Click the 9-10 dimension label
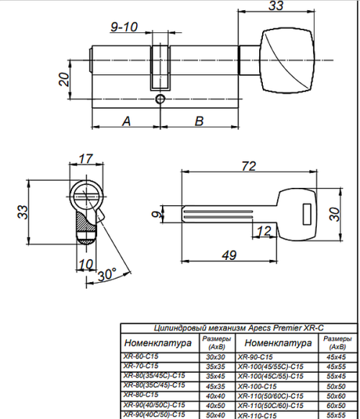pos(124,27)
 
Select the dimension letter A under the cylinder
pos(127,121)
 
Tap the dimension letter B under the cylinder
pos(199,121)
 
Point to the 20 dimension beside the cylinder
pos(64,79)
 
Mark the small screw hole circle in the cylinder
pos(160,99)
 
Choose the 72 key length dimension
pos(249,166)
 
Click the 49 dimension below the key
pos(229,255)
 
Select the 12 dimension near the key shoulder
pos(264,231)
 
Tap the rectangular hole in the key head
pos(307,215)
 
